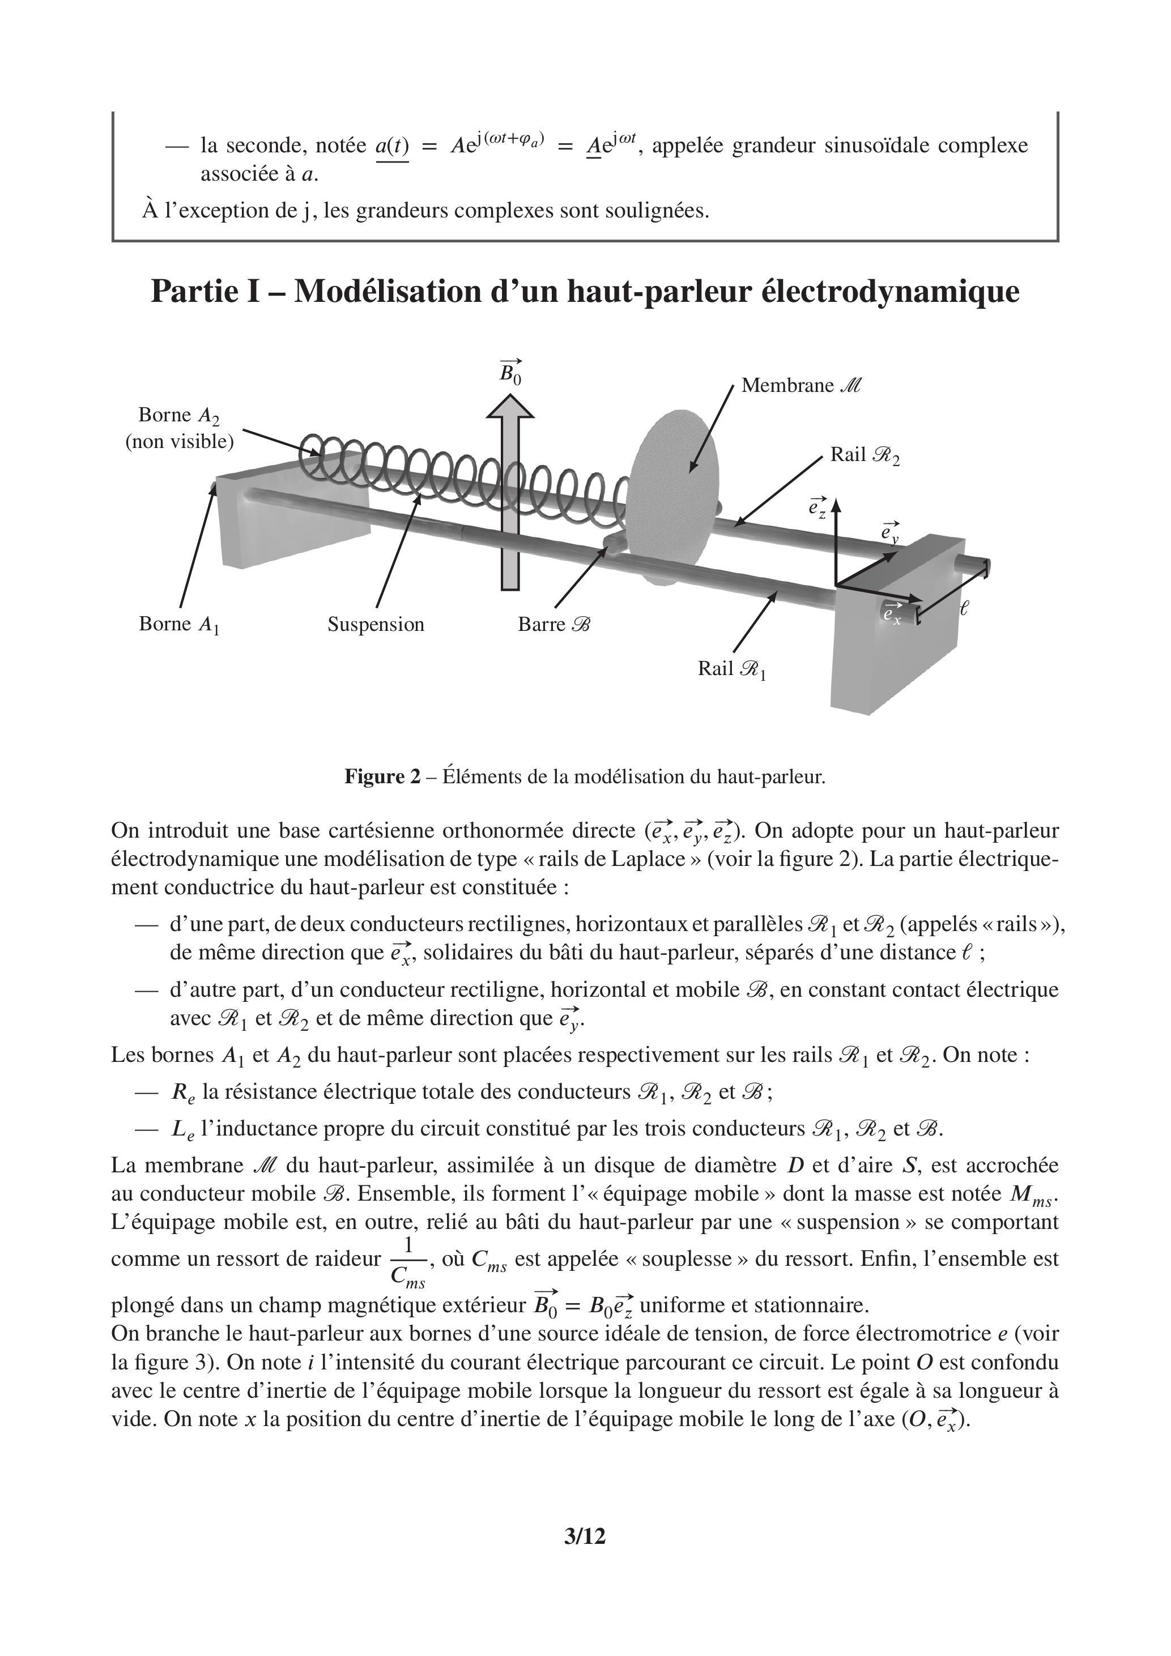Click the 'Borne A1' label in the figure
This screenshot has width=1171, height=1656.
coord(179,624)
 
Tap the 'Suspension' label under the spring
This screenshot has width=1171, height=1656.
coord(376,624)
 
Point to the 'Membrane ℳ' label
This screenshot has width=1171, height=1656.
coord(801,386)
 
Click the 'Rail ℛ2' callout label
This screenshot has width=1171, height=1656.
coord(865,455)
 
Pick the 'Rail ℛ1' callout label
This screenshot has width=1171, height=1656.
coord(731,669)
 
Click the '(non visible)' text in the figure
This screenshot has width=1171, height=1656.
coord(180,441)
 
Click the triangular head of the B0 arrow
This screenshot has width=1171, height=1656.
coord(510,408)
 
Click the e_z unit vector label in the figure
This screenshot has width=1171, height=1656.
coord(817,507)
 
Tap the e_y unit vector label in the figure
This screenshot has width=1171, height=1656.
coord(891,532)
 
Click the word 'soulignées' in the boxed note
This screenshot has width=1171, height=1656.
coord(653,211)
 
